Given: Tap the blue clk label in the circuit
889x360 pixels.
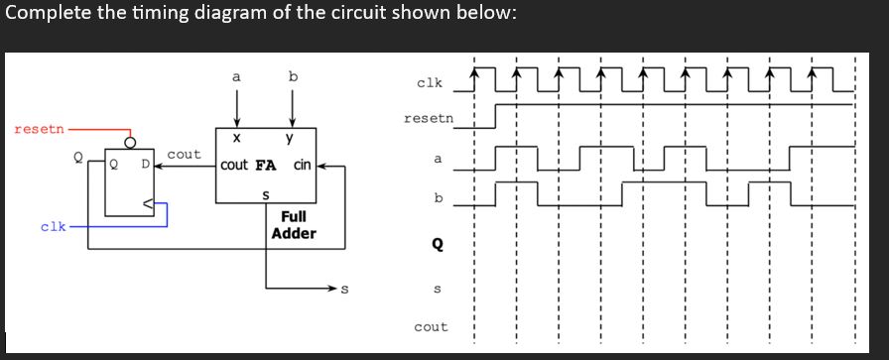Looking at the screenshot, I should pos(54,226).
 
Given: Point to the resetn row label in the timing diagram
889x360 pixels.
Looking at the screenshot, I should pos(429,119).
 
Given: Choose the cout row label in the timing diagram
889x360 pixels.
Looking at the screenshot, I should pos(431,326).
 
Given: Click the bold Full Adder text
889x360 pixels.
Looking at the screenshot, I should pos(294,225).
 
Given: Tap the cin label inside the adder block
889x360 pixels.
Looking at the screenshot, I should pos(303,166).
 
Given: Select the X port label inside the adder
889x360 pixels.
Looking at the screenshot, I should pos(236,139).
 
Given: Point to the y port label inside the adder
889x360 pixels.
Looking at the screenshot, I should pos(289,139).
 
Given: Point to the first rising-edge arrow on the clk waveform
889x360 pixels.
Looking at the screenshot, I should pos(474,72).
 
